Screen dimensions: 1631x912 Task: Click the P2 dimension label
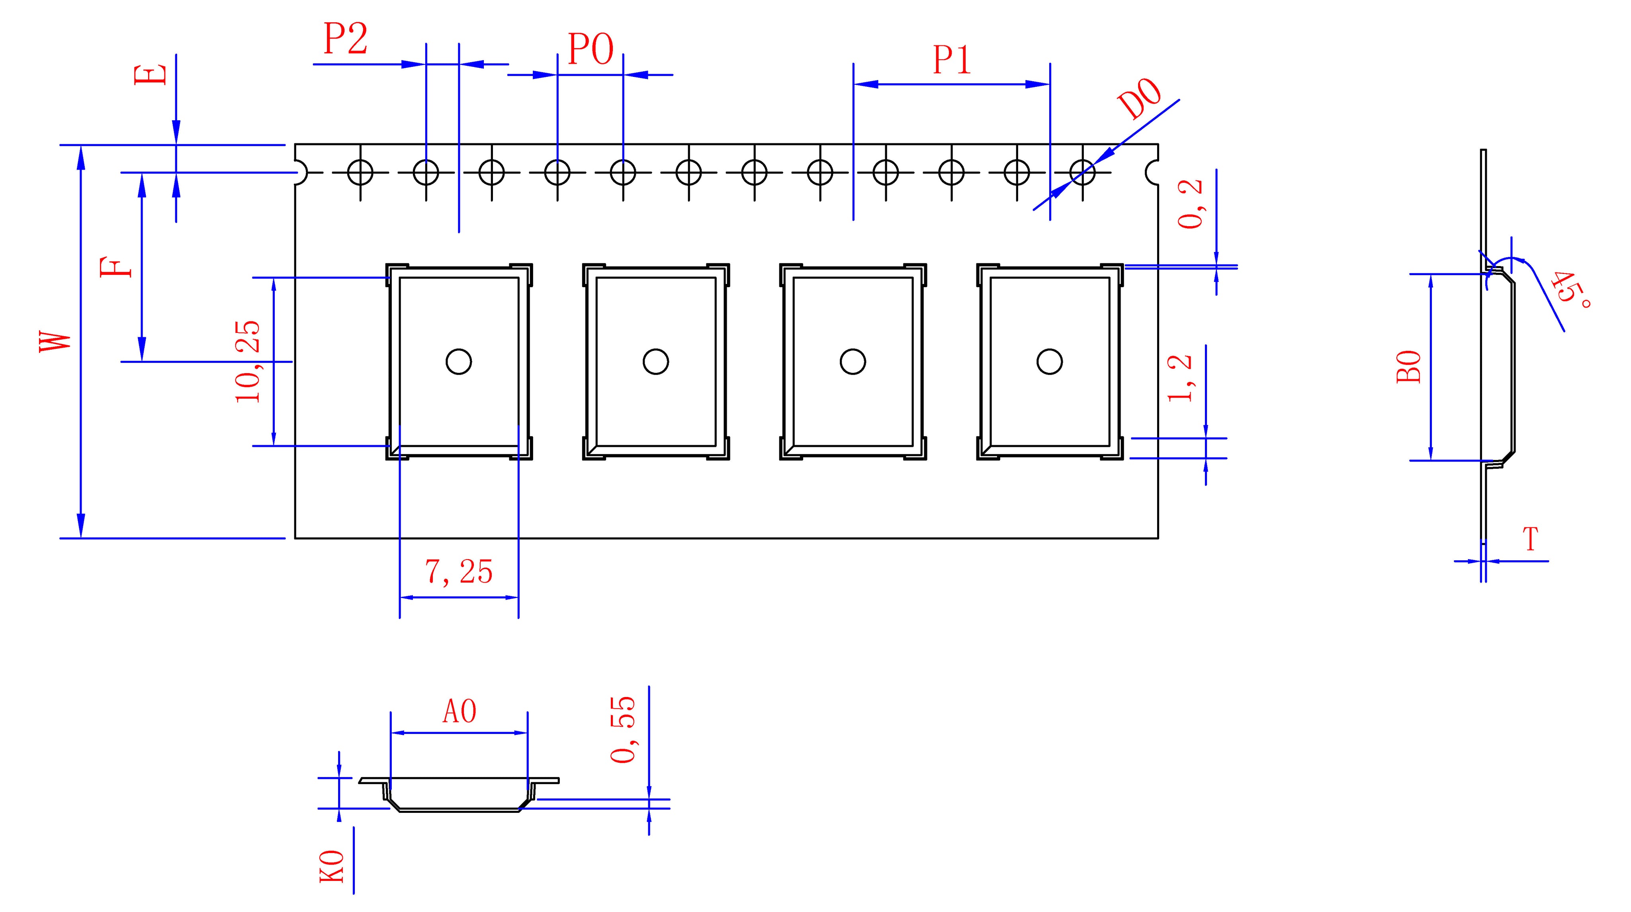[x=345, y=39]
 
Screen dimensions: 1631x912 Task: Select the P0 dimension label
[x=590, y=49]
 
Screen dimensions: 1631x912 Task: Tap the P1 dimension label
[x=952, y=60]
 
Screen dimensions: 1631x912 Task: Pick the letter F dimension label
[x=117, y=267]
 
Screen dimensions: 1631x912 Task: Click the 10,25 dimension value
[x=248, y=362]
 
